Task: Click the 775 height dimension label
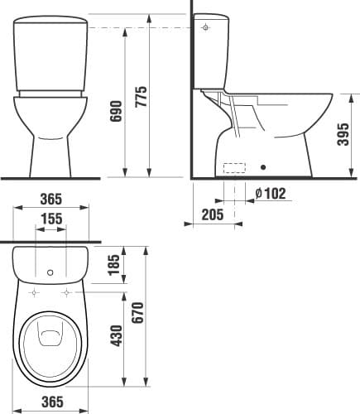tap(142, 97)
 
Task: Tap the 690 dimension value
tap(116, 111)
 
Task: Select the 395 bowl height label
tap(343, 134)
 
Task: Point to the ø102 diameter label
tap(271, 193)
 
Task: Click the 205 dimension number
tap(213, 214)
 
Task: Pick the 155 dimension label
tap(52, 219)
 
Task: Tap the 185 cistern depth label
tap(114, 265)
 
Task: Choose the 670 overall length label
tap(138, 312)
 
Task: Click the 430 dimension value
tap(116, 335)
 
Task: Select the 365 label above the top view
tap(51, 199)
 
